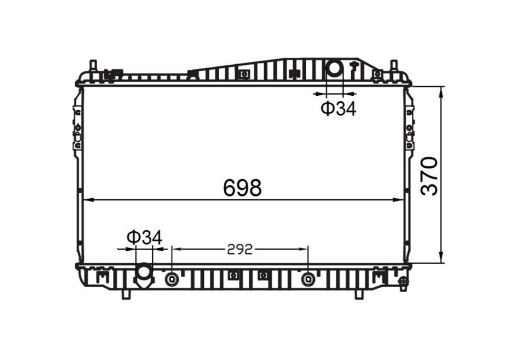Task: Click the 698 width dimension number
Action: pos(242,188)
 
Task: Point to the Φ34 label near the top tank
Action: pos(338,109)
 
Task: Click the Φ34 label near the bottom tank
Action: pos(144,238)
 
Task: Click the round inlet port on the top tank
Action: pos(334,68)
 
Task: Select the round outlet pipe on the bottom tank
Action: pos(144,274)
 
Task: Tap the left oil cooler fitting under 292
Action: pos(172,279)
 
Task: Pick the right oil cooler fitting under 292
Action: pos(308,279)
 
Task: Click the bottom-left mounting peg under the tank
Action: pos(126,294)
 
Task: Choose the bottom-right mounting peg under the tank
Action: pos(359,294)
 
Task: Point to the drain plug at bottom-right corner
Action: pos(403,283)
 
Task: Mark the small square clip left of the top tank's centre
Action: pos(243,74)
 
